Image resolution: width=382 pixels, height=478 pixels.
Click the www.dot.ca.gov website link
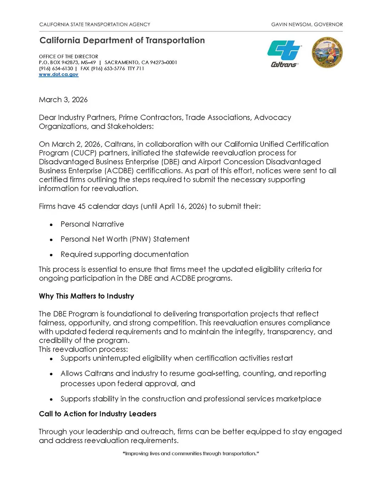pos(59,75)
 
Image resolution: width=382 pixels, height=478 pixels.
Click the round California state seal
pos(327,53)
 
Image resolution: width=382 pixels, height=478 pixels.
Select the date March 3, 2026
pos(63,100)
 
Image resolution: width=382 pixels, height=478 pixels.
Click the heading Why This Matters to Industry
pos(86,296)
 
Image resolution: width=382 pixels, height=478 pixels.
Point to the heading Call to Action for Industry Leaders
pos(98,414)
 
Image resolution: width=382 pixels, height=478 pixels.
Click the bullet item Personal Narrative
pos(92,224)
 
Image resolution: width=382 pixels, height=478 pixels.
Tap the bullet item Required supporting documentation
pos(125,255)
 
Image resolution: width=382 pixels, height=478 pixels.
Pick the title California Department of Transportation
pos(122,40)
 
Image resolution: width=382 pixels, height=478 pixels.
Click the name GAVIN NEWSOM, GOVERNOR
pos(307,24)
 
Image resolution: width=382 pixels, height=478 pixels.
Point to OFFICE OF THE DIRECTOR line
pos(69,57)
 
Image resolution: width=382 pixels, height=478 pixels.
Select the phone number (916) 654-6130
pos(56,69)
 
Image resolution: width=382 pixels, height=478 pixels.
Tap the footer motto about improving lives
pos(191,454)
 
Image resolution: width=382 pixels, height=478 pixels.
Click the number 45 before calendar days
pos(82,206)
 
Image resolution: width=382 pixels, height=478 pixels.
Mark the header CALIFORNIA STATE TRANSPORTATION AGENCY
pos(95,24)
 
